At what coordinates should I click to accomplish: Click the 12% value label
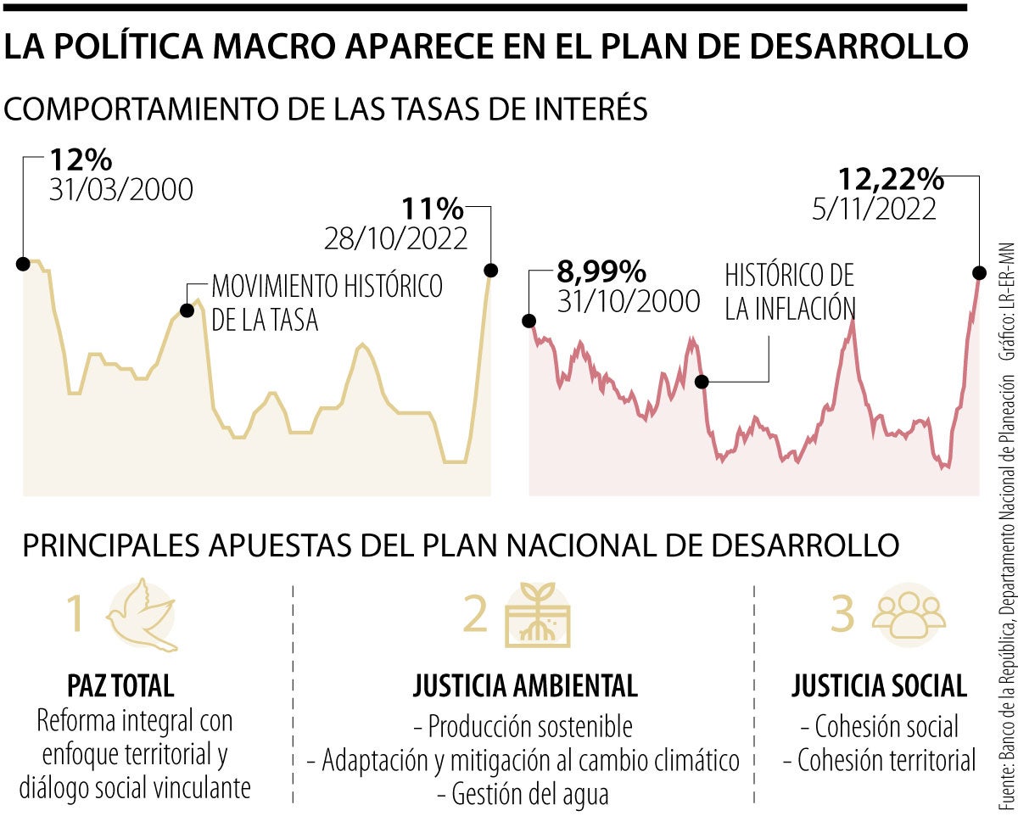81,159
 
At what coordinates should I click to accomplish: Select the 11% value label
433,208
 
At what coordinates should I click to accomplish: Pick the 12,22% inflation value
891,179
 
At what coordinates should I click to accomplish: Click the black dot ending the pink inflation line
979,272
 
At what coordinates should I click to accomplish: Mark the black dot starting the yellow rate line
23,263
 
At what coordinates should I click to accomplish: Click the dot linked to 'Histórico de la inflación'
702,382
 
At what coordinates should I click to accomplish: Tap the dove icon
143,615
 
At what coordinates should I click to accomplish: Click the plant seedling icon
538,614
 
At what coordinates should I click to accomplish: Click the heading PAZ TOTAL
120,685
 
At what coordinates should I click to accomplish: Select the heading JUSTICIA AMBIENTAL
526,685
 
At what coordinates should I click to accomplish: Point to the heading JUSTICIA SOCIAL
879,685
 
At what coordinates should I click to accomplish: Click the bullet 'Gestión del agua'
523,794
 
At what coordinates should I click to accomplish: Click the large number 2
477,614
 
